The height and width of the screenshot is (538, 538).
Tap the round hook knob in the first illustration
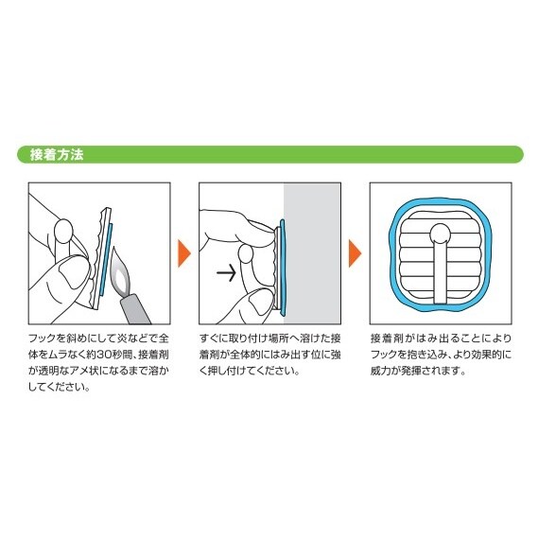point(64,230)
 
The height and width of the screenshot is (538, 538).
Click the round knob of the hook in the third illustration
point(441,234)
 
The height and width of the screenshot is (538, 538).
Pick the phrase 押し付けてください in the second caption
point(252,371)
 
